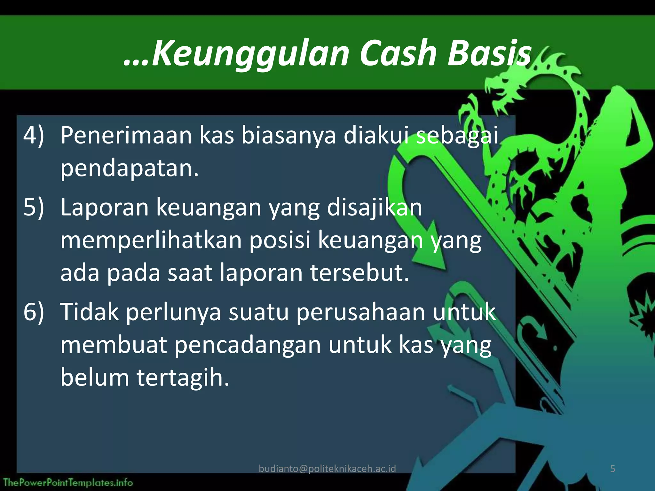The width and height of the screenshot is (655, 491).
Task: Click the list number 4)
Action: tap(34, 136)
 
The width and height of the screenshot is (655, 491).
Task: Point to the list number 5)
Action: tap(34, 207)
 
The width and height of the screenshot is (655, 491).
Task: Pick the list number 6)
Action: tap(34, 312)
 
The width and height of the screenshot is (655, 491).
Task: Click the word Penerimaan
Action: tap(126, 136)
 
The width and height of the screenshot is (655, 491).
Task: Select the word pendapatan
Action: tap(130, 169)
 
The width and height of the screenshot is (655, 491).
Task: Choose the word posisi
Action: tap(280, 240)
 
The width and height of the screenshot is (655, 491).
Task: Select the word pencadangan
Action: tap(248, 346)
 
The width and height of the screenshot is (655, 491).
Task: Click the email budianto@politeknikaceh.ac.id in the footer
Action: tap(327, 469)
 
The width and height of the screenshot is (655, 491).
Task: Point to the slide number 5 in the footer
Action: tap(612, 469)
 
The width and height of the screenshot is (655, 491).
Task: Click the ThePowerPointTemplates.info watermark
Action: tap(68, 482)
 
